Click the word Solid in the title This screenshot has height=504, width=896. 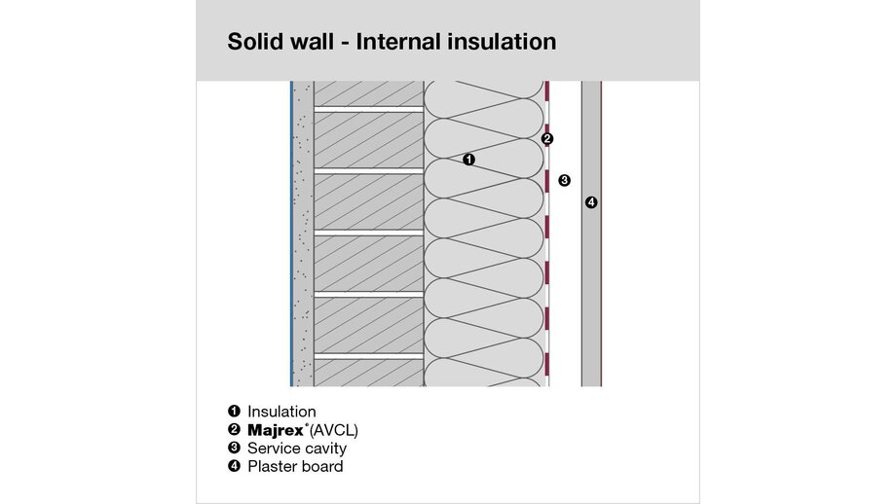[x=253, y=42]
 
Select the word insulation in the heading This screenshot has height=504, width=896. [x=503, y=42]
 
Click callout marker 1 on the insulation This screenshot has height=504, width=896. [x=468, y=160]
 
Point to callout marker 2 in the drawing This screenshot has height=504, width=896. [x=547, y=139]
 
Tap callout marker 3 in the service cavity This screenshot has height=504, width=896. [x=564, y=180]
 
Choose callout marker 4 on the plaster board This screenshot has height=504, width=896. [x=591, y=202]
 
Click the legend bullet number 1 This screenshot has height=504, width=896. [x=234, y=411]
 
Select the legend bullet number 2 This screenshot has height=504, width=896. [x=234, y=429]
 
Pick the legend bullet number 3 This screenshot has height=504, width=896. [x=234, y=448]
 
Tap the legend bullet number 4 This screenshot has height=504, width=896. [x=234, y=466]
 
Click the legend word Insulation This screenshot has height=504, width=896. [x=281, y=412]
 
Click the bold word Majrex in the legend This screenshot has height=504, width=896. [x=276, y=430]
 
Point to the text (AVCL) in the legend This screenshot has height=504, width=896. [x=333, y=430]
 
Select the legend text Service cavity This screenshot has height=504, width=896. [x=297, y=449]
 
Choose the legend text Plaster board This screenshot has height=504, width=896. [x=295, y=466]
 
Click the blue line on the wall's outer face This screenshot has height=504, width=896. [x=291, y=234]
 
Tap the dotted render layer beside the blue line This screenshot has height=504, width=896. [x=303, y=234]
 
